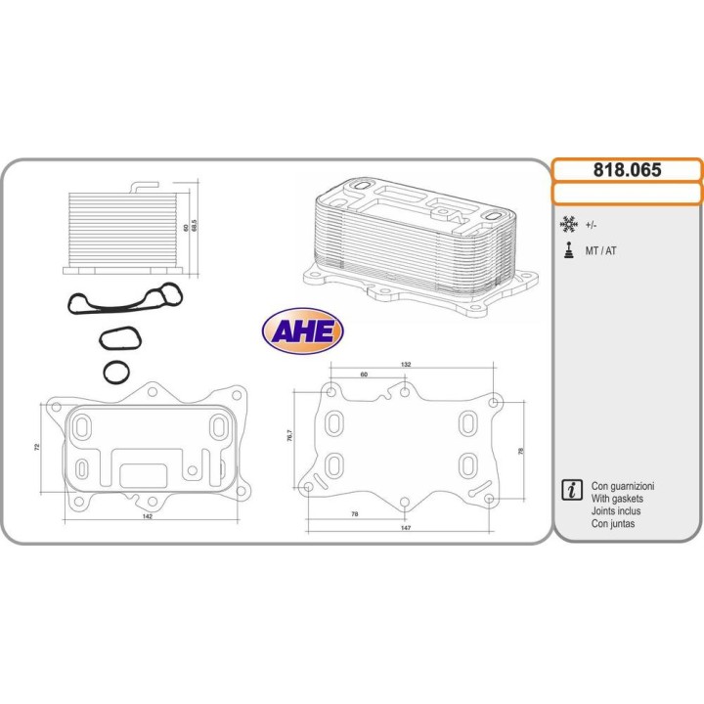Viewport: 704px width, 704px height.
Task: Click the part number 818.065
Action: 627,169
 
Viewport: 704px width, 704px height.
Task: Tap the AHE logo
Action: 302,331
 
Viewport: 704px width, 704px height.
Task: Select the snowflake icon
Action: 568,224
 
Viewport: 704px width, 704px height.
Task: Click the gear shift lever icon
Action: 568,250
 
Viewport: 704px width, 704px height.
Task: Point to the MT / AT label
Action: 600,251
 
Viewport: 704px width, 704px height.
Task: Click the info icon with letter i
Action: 569,492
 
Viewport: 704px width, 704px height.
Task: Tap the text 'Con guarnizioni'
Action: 623,486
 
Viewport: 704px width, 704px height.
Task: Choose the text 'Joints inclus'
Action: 617,511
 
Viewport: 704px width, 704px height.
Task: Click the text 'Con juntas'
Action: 613,524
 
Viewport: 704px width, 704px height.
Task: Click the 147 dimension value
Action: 405,527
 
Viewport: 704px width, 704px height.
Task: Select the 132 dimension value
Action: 406,364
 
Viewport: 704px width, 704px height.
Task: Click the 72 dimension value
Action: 37,446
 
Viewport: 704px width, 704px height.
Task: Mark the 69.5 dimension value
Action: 196,226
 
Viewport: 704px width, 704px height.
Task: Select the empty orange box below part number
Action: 627,193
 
